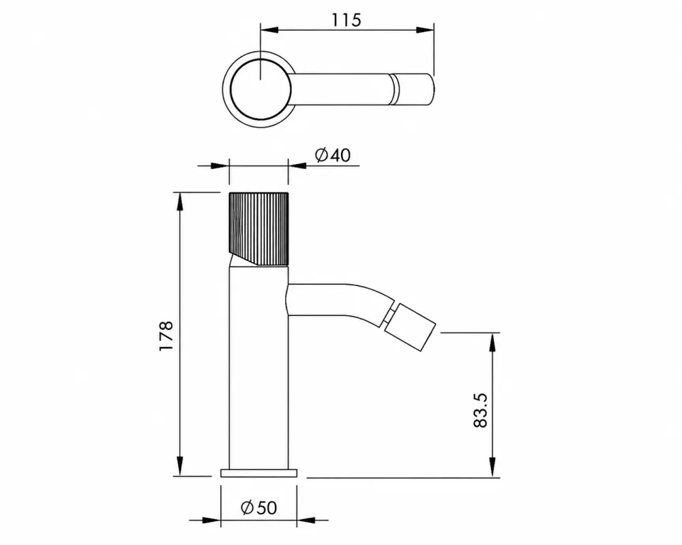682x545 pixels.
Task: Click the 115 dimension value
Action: click(x=346, y=20)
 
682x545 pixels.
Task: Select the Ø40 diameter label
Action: click(x=333, y=155)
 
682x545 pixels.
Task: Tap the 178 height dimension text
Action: click(x=166, y=336)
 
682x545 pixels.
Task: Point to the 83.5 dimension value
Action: click(x=480, y=410)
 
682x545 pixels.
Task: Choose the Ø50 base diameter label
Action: click(x=258, y=507)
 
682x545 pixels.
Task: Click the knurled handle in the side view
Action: click(x=258, y=228)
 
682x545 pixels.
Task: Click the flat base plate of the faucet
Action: click(x=258, y=473)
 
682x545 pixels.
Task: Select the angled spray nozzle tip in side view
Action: click(x=409, y=327)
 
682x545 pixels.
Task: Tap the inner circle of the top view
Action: click(x=261, y=89)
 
